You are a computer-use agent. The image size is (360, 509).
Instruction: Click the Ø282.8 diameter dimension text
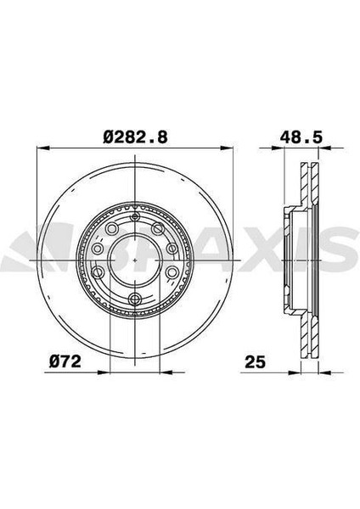coord(136,137)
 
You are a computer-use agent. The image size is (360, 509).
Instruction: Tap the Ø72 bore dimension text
coord(65,361)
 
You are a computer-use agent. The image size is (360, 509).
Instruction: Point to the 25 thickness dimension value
coord(255,362)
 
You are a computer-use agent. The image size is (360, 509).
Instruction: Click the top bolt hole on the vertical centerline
coord(134,217)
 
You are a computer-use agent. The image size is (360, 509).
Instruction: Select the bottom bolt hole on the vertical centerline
coord(134,299)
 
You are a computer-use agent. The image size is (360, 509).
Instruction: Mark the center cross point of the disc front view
coord(134,260)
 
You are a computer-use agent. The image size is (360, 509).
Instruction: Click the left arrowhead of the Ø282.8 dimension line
coord(43,148)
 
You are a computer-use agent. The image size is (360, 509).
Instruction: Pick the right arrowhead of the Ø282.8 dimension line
coord(227,148)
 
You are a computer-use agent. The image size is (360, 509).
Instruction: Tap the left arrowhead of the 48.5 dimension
coord(278,148)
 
